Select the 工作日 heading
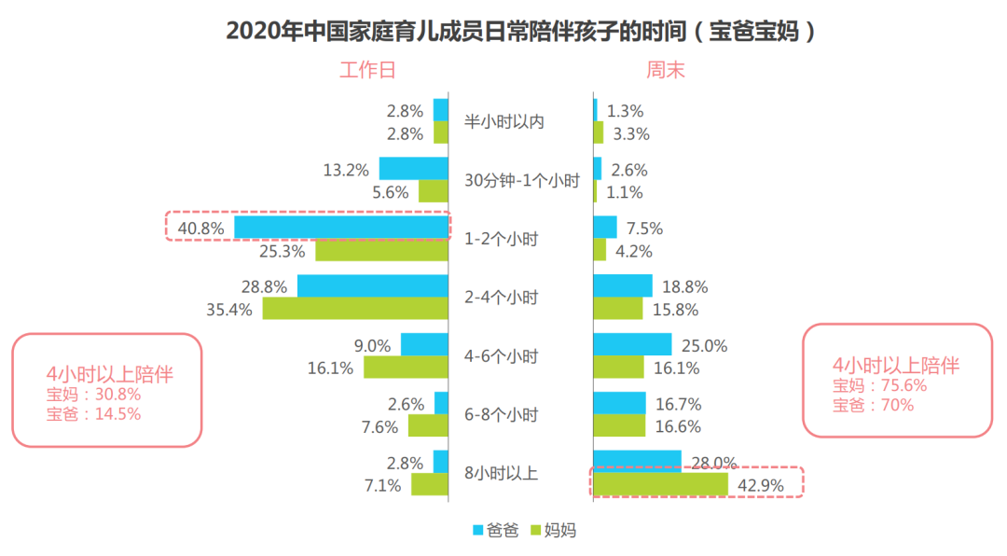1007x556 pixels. point(366,70)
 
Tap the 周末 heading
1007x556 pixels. point(665,70)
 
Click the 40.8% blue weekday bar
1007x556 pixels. point(341,228)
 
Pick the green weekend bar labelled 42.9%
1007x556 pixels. point(660,484)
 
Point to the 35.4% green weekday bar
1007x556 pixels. point(355,309)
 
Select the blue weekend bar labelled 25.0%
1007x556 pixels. point(632,344)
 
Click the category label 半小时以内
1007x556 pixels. point(504,121)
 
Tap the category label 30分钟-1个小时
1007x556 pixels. point(521,180)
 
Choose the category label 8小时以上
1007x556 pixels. point(502,473)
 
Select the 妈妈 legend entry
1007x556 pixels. point(555,530)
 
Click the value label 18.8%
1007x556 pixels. point(684,287)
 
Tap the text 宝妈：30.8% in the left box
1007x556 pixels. point(94,395)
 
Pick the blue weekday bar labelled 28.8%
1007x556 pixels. point(373,285)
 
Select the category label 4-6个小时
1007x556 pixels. point(501,356)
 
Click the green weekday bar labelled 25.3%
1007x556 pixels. point(381,250)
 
